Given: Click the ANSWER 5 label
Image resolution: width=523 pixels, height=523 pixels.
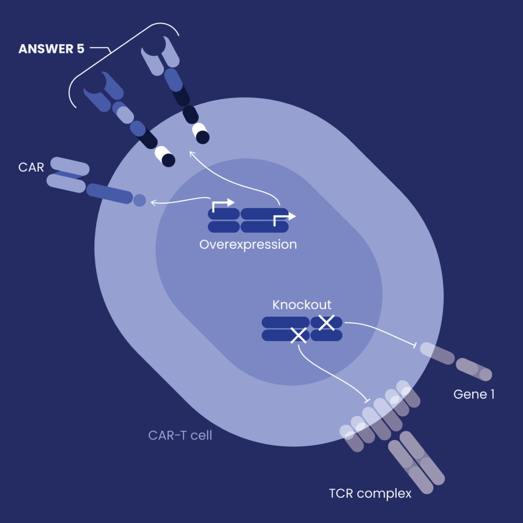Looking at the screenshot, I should pos(51,49).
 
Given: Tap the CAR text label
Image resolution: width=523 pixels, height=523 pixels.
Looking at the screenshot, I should pos(31,167).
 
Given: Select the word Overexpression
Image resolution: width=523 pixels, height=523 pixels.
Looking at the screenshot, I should pos(248,244).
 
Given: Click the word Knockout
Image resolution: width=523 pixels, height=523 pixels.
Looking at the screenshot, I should pos(302,305).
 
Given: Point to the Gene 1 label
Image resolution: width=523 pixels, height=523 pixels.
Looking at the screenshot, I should pos(473,394).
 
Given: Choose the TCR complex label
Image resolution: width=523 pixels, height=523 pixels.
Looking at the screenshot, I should pos(370,493).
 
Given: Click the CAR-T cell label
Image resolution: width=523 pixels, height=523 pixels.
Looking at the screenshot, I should pos(180,435).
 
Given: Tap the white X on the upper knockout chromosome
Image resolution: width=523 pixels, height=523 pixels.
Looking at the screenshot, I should pos(327,322).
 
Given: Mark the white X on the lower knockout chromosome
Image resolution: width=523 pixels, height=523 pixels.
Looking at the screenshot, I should pos(298,334).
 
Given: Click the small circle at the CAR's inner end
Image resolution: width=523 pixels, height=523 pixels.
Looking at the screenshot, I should pos(140,200).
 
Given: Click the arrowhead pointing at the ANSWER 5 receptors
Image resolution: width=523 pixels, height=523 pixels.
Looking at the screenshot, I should pos(191,154).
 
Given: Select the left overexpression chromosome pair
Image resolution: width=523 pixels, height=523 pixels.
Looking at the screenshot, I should pos(223,220).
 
